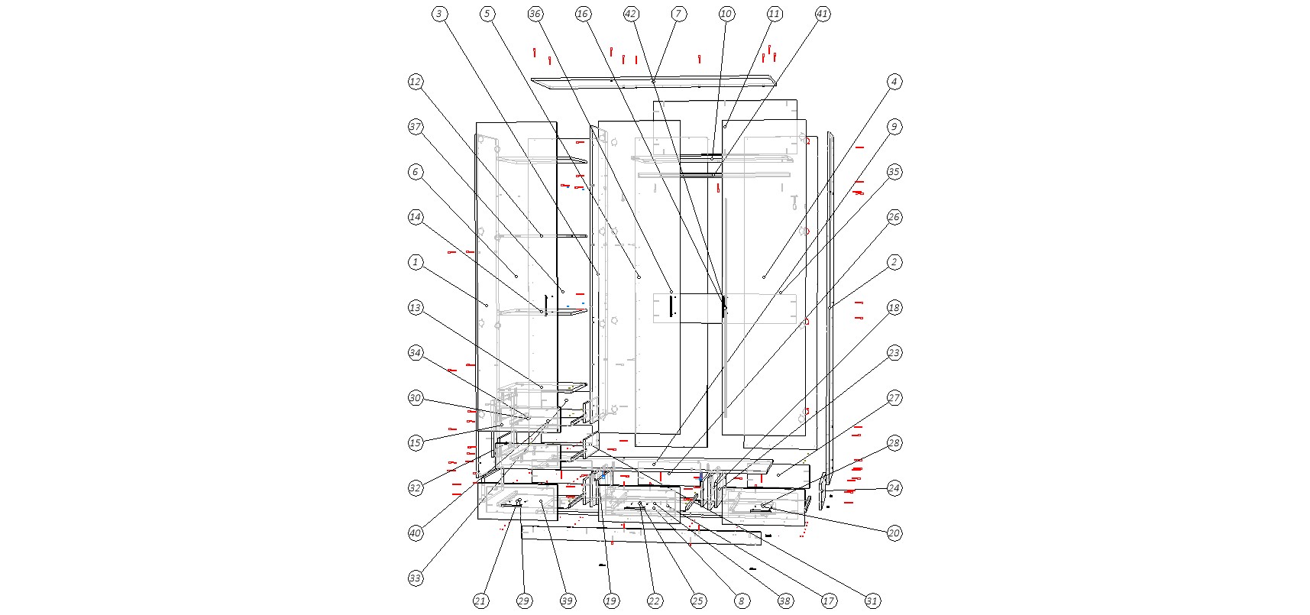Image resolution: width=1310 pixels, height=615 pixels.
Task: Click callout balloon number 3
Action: (x=439, y=14)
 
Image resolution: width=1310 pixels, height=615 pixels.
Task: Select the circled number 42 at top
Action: (x=631, y=14)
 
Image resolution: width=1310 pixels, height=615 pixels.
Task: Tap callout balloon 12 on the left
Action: (x=416, y=82)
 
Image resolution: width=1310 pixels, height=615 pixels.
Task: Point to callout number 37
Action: (x=416, y=127)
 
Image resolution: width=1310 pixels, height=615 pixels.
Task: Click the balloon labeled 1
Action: (x=416, y=262)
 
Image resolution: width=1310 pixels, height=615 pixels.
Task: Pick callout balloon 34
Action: (x=416, y=352)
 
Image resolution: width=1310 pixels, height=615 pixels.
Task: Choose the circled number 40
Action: (x=416, y=532)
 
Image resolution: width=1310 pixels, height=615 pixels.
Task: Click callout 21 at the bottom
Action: (x=480, y=601)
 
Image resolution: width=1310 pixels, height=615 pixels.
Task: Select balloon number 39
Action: (x=568, y=601)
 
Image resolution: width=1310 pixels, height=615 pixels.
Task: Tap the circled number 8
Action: (x=741, y=601)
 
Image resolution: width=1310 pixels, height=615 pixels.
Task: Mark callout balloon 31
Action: (x=872, y=601)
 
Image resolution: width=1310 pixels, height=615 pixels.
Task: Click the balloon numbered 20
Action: (x=894, y=532)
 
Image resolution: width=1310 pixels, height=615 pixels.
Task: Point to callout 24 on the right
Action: (x=894, y=487)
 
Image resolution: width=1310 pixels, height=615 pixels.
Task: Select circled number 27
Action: (x=894, y=397)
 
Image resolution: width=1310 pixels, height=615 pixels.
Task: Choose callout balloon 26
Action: (x=894, y=217)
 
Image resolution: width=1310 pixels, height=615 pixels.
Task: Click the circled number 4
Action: (x=894, y=82)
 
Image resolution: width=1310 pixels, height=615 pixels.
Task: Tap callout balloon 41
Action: (x=823, y=14)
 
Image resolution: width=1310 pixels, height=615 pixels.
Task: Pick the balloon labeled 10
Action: (x=726, y=14)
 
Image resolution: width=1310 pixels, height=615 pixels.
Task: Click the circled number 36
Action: (x=535, y=14)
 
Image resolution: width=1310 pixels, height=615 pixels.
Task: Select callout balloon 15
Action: (x=416, y=442)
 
